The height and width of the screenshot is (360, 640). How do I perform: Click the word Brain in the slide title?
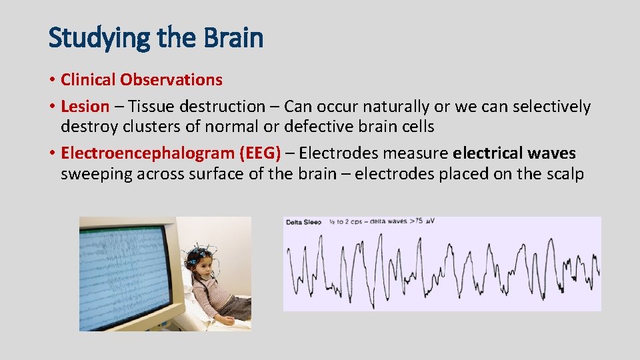(234, 38)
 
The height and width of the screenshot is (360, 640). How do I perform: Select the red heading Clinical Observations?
(141, 80)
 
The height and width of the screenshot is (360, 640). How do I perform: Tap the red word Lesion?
(85, 107)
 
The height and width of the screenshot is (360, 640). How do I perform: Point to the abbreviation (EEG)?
(259, 153)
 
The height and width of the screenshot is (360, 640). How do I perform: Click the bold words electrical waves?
(514, 153)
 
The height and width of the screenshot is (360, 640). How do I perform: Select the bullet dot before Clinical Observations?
(52, 81)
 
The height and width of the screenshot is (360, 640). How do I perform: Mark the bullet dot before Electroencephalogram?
(52, 154)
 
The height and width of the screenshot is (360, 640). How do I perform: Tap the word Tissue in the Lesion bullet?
(151, 107)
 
